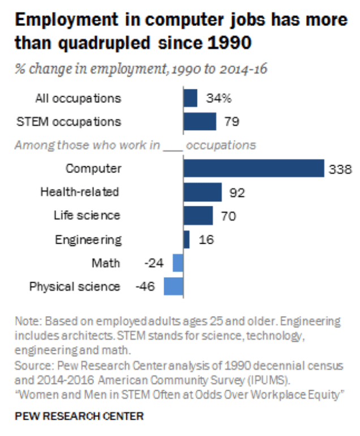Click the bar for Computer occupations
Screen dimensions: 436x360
coord(253,169)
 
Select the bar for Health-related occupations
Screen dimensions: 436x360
coord(202,192)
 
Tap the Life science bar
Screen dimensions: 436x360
coord(198,215)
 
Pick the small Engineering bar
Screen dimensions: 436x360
coord(186,239)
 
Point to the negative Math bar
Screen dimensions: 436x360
coord(178,263)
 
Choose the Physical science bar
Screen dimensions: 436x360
coord(173,286)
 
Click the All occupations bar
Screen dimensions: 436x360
coord(190,98)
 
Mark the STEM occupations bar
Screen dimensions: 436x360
coord(199,122)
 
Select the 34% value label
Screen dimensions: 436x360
coord(218,99)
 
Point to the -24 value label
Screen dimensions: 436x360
coord(154,263)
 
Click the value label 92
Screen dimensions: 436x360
coord(236,193)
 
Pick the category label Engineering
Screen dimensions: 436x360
coord(88,240)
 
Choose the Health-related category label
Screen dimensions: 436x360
coord(80,192)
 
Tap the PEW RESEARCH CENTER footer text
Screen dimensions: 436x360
coord(79,416)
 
